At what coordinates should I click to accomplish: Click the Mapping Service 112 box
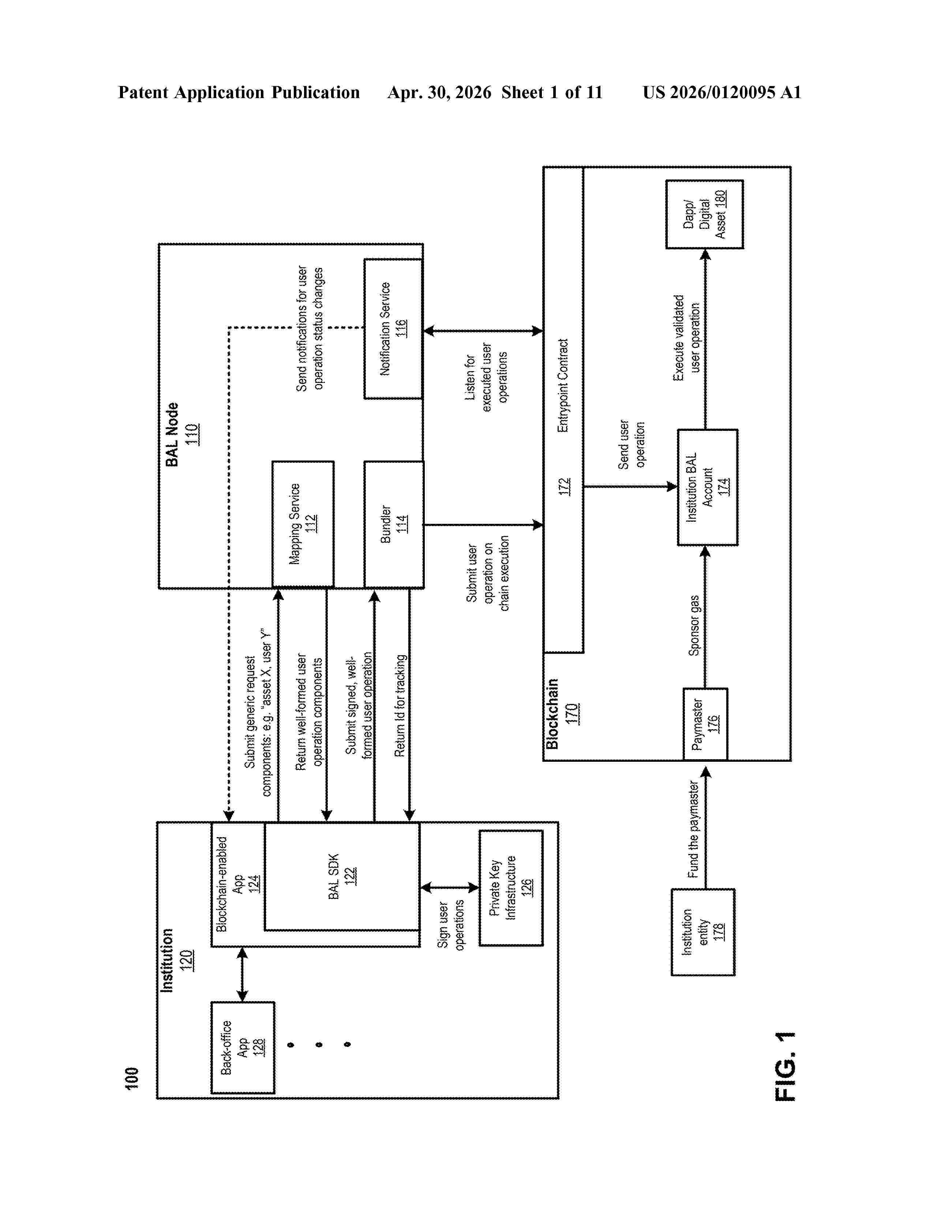pos(303,524)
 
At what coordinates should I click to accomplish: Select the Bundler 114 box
pos(394,524)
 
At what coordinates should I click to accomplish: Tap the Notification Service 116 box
pos(393,329)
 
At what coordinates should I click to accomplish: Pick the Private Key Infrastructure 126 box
pos(511,888)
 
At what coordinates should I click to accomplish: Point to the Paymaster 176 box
pos(705,724)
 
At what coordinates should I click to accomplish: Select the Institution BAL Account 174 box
pos(708,487)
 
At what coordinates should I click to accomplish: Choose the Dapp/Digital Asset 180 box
pos(704,214)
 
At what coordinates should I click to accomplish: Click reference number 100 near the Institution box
pos(132,1078)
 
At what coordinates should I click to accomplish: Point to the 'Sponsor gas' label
pos(694,625)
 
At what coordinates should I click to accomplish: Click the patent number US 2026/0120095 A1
pos(722,92)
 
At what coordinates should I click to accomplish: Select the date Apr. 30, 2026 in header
pos(439,92)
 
